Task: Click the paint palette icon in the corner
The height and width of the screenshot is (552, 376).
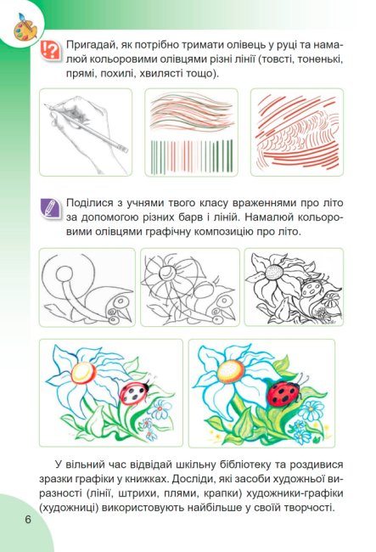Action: click(25, 27)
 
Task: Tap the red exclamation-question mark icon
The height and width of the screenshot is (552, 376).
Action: click(50, 50)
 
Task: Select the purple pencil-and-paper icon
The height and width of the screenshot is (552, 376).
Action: click(49, 207)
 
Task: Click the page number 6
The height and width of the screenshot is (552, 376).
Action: click(28, 519)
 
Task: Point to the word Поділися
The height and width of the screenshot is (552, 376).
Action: click(91, 204)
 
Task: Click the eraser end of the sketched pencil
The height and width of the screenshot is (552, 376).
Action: click(122, 148)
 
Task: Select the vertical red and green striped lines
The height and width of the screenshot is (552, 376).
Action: click(191, 156)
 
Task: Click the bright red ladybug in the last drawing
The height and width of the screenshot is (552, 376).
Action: click(283, 393)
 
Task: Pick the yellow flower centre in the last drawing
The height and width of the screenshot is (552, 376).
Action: click(230, 371)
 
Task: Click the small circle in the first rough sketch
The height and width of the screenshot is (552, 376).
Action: click(65, 274)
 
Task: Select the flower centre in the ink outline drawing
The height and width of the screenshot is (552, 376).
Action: click(276, 273)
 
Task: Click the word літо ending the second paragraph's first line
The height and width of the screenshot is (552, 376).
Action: click(332, 204)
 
